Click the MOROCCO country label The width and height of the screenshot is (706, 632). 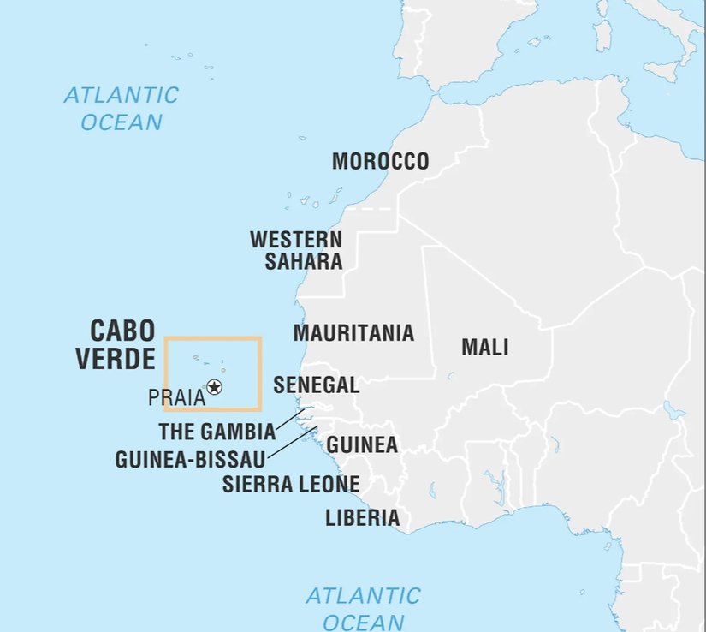(x=380, y=161)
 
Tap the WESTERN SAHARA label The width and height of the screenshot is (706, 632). (x=296, y=250)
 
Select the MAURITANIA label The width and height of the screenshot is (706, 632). (x=353, y=333)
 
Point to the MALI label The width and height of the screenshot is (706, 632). (x=485, y=347)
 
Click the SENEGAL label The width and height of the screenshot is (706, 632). (x=316, y=385)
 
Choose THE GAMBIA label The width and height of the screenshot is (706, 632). (x=217, y=431)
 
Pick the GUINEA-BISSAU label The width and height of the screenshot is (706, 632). (x=189, y=459)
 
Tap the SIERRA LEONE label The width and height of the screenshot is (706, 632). (x=291, y=484)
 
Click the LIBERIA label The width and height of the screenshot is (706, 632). (x=362, y=517)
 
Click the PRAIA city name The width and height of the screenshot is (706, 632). (x=176, y=397)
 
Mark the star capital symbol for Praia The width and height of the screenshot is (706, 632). (x=214, y=388)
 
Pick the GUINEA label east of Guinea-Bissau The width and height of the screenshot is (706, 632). (x=362, y=445)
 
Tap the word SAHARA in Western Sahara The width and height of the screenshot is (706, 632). (x=304, y=262)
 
